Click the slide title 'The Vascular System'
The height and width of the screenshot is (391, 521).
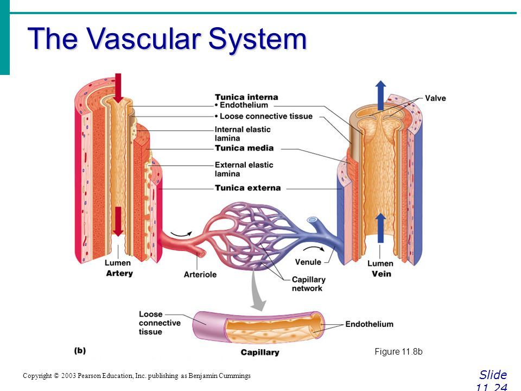167,39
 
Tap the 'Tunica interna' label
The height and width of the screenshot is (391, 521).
246,97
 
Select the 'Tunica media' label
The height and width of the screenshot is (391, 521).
244,148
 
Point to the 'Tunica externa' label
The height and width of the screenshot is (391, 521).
247,188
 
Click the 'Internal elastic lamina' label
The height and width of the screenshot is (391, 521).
243,134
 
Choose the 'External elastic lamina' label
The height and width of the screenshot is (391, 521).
244,169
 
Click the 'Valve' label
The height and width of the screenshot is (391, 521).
435,98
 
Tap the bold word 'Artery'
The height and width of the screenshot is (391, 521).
119,273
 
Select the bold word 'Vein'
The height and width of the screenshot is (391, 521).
381,274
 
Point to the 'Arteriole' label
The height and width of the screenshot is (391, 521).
200,275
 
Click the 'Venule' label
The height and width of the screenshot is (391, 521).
308,262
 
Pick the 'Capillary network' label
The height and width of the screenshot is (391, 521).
308,284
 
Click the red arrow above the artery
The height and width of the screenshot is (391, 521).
118,88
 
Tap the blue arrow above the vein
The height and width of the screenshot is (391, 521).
381,96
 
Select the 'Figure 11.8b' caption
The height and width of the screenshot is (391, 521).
398,351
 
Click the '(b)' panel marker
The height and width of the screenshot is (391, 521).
80,350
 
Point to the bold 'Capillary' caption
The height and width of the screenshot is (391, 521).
260,352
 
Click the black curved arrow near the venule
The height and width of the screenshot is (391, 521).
314,249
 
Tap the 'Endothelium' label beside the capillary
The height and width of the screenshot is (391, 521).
369,324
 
